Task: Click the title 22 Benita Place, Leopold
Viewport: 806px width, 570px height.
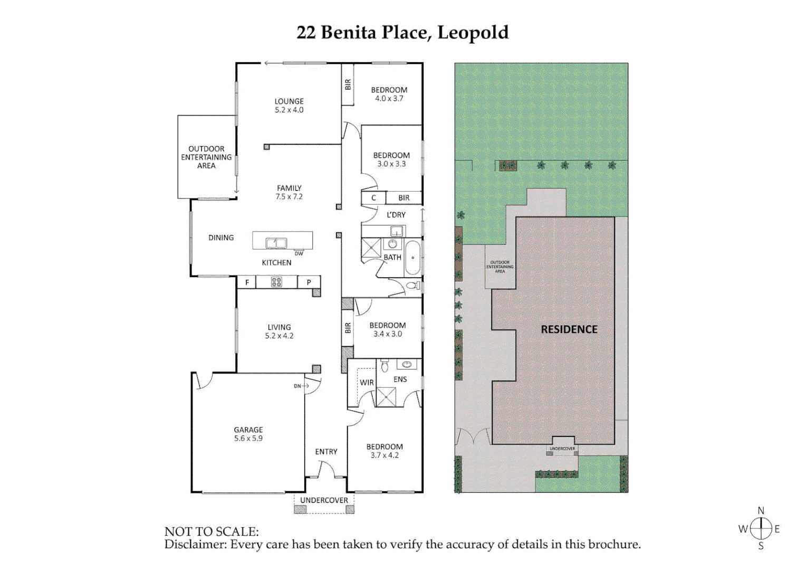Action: click(x=402, y=33)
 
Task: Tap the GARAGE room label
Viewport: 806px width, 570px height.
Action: click(x=248, y=430)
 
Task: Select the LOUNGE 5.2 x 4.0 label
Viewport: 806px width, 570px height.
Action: click(x=289, y=106)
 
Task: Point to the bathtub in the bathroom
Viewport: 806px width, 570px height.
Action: click(x=413, y=258)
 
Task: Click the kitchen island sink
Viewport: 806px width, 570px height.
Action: click(x=276, y=243)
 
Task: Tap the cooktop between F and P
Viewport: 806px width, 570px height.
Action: click(x=276, y=282)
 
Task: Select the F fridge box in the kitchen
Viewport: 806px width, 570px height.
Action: click(x=247, y=282)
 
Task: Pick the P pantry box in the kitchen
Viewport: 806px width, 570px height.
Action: click(x=309, y=282)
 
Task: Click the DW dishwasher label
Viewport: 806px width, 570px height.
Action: click(x=299, y=254)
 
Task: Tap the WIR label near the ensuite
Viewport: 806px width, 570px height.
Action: click(x=367, y=383)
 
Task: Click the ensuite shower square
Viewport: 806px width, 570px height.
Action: click(x=386, y=397)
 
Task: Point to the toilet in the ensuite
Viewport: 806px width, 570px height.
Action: click(x=385, y=365)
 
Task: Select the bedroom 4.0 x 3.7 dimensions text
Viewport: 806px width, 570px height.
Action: click(x=389, y=99)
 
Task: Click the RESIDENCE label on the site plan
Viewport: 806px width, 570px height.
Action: click(x=569, y=329)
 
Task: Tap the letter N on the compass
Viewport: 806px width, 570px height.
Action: click(x=761, y=510)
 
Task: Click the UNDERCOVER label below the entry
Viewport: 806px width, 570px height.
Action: click(x=324, y=500)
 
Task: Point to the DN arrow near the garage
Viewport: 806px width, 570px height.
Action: click(x=301, y=386)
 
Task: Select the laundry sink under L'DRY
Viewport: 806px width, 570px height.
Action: click(x=397, y=231)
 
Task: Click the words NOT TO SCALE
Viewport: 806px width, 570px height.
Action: click(x=212, y=531)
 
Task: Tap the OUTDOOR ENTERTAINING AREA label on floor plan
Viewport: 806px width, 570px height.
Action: click(x=206, y=157)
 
